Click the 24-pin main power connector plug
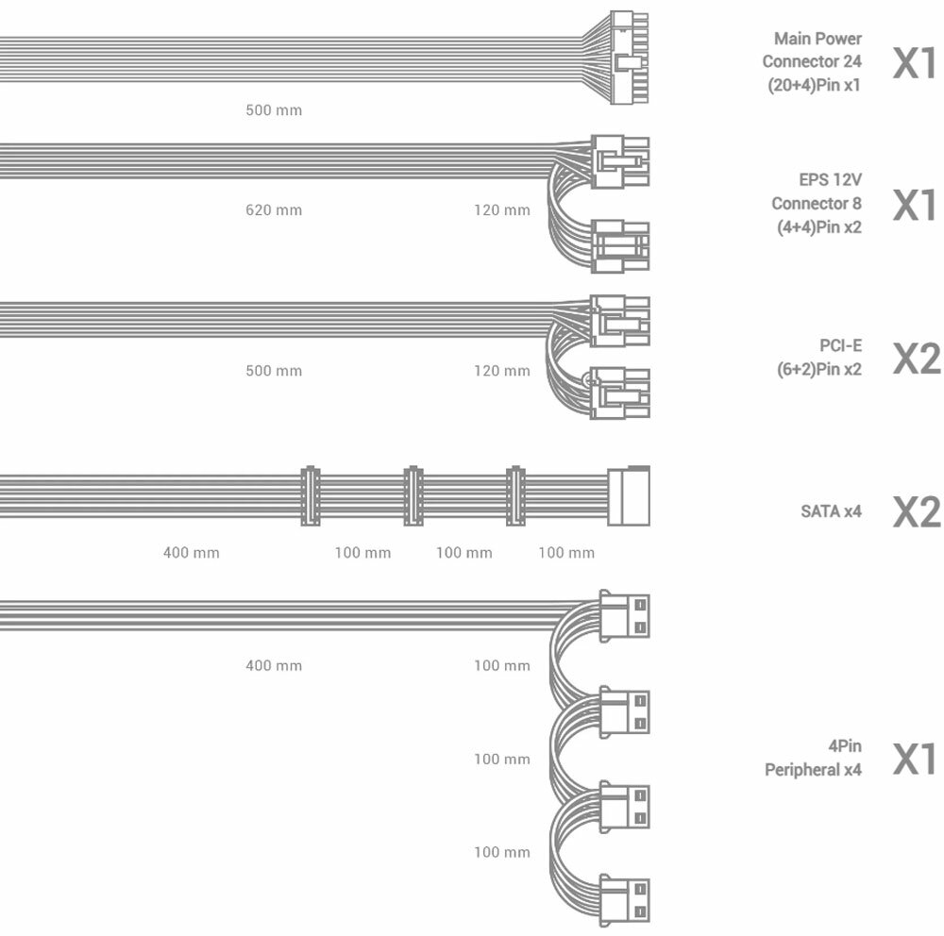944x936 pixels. click(631, 58)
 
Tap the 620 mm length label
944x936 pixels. click(274, 209)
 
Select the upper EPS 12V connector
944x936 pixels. click(620, 161)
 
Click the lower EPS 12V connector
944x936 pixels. click(620, 245)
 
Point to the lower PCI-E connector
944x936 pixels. click(620, 391)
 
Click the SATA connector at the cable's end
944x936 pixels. click(629, 495)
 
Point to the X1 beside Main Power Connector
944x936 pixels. click(915, 62)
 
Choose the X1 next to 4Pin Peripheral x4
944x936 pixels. click(915, 759)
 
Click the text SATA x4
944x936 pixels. click(831, 512)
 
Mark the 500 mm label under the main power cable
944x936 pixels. click(274, 110)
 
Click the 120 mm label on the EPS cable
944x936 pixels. click(502, 209)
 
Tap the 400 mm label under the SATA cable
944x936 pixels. click(192, 552)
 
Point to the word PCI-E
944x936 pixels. click(840, 346)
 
